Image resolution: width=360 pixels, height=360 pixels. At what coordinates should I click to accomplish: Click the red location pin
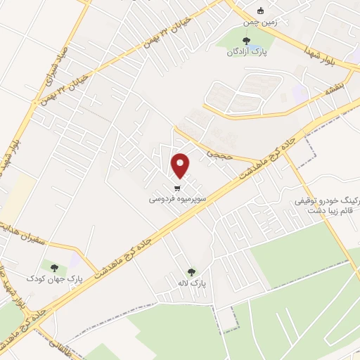coord(181,165)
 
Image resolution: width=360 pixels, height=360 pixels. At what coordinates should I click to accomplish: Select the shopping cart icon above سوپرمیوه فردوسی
coord(177,187)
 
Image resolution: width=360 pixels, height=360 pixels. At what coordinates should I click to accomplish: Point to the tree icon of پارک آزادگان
coord(246,41)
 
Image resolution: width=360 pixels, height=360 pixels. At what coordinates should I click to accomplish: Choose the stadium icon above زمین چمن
coord(261,11)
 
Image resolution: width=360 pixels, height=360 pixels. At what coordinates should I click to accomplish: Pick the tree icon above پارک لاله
coord(192,271)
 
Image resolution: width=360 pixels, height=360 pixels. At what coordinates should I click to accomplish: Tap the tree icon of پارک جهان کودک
coord(53,266)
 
